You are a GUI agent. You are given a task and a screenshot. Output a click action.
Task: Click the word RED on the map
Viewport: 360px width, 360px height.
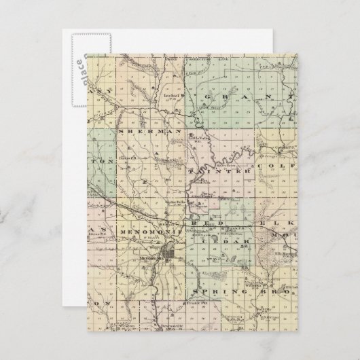(x=204, y=222)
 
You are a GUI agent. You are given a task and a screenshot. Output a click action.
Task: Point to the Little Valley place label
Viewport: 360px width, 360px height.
(x=196, y=141)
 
